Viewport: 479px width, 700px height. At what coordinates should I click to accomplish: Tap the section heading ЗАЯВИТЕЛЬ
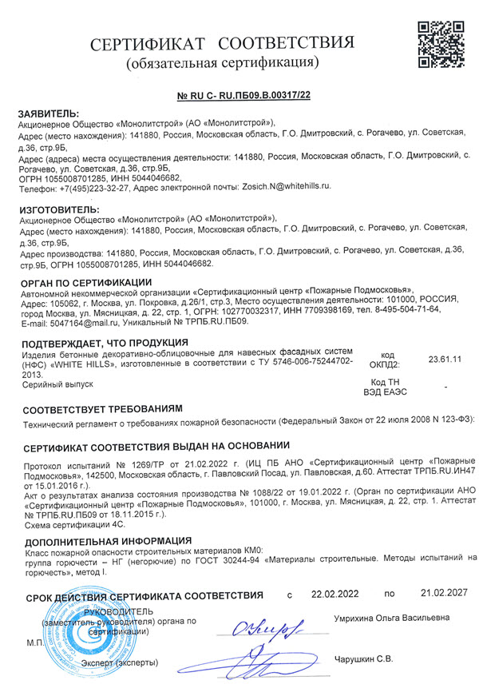coord(49,113)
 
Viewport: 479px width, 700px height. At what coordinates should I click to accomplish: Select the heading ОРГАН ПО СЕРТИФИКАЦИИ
coord(85,280)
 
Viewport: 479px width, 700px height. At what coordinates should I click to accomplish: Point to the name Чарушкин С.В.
coord(362,659)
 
